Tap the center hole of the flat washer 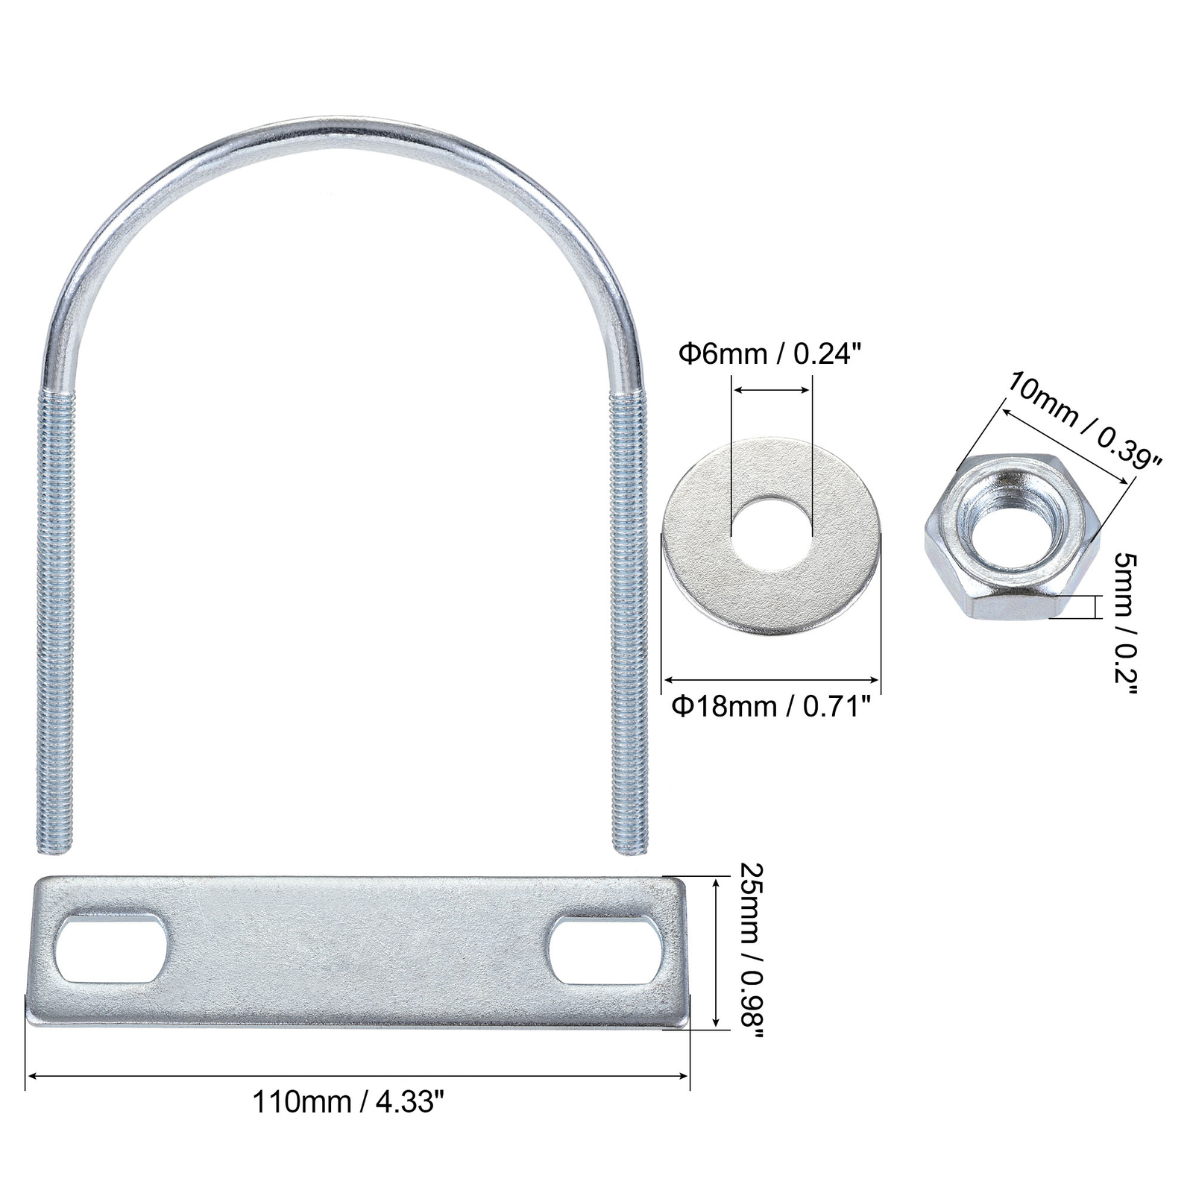[x=772, y=535]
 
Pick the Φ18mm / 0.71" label [x=771, y=705]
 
